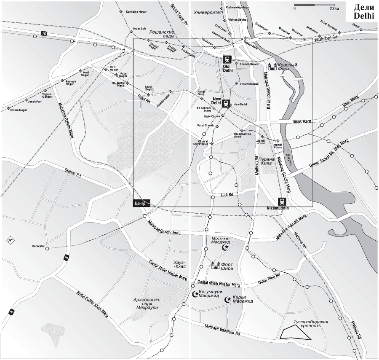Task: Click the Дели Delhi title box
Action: (363, 11)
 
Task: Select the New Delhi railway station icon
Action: (226, 102)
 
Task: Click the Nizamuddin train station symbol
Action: (281, 201)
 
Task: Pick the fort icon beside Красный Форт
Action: (272, 67)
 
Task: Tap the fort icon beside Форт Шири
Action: (216, 266)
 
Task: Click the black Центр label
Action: (140, 203)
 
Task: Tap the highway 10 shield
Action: (44, 33)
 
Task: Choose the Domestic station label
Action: (38, 246)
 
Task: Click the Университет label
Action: (207, 13)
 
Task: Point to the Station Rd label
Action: (73, 172)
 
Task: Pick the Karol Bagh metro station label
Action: (148, 88)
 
